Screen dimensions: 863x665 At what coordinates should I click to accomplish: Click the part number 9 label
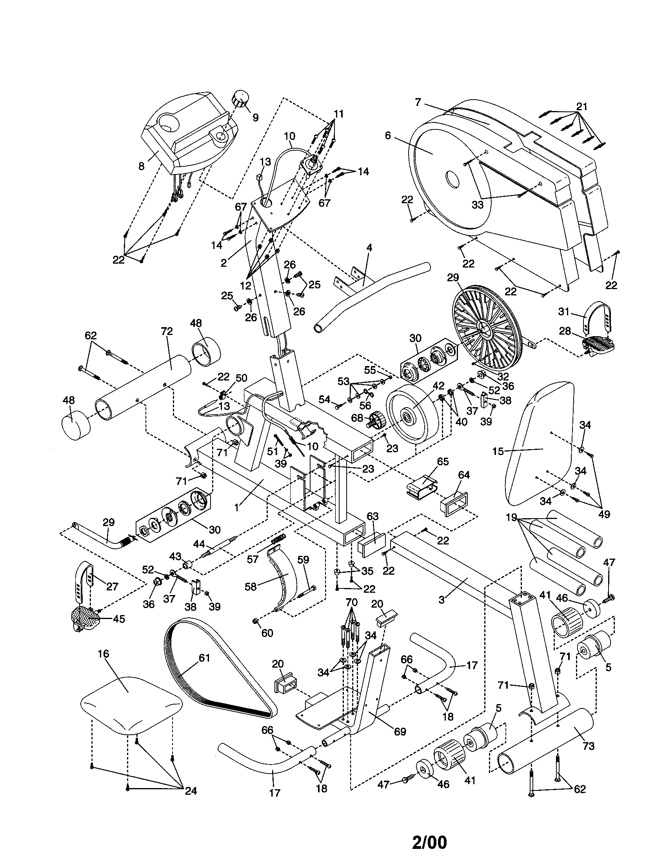point(256,117)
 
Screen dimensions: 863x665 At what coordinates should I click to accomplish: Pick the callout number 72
point(167,331)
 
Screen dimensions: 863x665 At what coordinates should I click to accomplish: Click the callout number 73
point(589,746)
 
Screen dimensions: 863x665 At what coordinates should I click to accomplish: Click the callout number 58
point(251,587)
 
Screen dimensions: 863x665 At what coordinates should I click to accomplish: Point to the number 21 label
point(581,106)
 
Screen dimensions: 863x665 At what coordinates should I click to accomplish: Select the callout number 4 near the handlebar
point(369,248)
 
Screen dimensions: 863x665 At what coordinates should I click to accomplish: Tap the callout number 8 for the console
point(142,166)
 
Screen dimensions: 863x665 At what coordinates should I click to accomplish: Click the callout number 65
point(443,462)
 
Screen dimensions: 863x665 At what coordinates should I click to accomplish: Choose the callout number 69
point(400,732)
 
